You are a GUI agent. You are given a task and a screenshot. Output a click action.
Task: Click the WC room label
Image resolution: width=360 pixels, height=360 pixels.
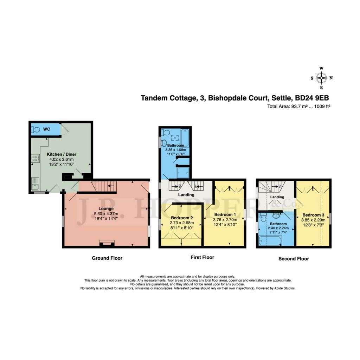coord(47,129)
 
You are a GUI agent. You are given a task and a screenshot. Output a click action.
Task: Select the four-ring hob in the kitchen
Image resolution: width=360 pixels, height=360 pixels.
coord(35,158)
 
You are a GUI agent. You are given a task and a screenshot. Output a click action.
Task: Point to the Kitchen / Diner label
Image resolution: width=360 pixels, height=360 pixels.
coord(62,154)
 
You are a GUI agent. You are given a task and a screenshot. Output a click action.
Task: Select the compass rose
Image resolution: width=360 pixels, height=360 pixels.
coord(321,78)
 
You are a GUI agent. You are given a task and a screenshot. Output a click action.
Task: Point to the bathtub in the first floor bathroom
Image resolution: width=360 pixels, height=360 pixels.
coord(185,138)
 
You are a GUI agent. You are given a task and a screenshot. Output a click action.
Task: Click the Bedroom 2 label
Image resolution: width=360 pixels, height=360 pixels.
coord(181,218)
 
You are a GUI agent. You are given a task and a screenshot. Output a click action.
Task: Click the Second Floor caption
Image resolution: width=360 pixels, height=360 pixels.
coord(294,259)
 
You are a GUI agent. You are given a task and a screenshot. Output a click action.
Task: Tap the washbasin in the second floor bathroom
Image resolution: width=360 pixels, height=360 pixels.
coord(276,215)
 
